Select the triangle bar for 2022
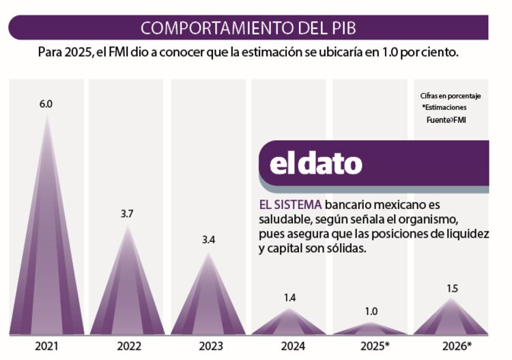[126, 294]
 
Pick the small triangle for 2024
[290, 325]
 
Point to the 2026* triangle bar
[451, 322]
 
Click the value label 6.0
[46, 105]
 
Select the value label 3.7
[126, 214]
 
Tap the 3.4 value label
[208, 240]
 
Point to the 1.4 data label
[290, 298]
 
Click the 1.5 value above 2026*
[452, 288]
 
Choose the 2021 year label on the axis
[46, 346]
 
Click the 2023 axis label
[208, 346]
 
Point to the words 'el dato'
[315, 164]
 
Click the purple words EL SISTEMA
[291, 205]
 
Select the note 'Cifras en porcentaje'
[451, 96]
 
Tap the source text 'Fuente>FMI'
[446, 120]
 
